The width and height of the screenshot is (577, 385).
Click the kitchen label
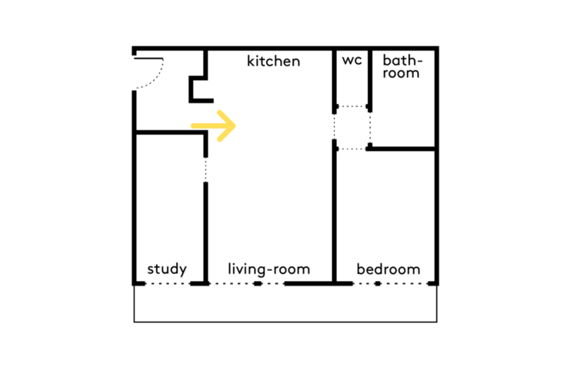point(273,61)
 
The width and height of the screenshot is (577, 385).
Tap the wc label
point(352,60)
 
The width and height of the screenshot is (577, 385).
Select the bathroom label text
point(402,66)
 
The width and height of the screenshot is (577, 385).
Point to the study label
point(167,269)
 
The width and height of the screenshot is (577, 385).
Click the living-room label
point(269,269)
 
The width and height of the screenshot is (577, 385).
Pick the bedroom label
point(389,269)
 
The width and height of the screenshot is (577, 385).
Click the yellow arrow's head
point(227,126)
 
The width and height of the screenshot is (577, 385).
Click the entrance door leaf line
point(148,59)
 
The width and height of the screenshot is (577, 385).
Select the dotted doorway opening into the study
point(205,170)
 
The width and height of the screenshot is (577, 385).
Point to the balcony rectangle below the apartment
point(285,322)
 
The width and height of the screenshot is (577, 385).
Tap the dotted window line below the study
point(168,283)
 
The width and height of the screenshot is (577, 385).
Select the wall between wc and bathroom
point(370,80)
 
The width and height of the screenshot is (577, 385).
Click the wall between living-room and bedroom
point(334,211)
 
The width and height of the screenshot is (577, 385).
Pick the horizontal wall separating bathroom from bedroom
point(402,149)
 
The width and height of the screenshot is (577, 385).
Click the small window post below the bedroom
point(378,283)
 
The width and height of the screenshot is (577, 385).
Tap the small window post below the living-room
point(258,283)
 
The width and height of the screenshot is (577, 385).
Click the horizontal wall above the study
point(170,132)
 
